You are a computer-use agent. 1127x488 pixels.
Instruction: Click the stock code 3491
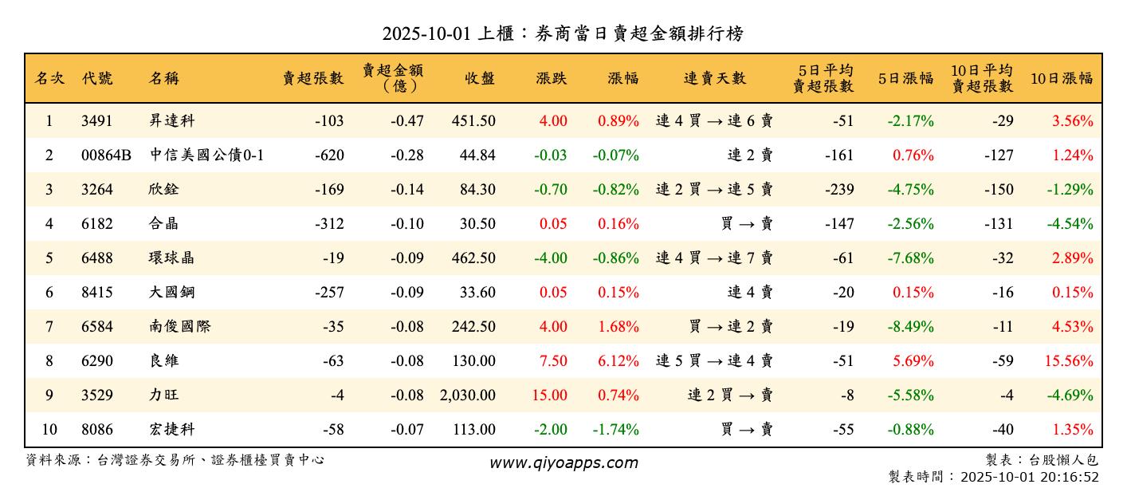coord(96,121)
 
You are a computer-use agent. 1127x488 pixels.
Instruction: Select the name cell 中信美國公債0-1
coord(206,155)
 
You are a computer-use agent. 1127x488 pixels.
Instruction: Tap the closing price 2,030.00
coord(467,396)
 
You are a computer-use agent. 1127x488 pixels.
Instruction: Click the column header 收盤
coord(480,78)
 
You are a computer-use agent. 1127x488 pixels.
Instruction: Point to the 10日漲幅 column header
coord(1062,78)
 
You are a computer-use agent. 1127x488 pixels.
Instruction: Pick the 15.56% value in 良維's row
coord(1069,361)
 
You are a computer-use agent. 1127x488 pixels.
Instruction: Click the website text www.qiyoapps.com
coord(563,463)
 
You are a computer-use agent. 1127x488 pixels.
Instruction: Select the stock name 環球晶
coord(171,258)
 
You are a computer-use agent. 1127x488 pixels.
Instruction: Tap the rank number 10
coord(49,430)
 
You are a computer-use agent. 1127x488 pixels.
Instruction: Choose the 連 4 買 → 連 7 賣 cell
coord(714,258)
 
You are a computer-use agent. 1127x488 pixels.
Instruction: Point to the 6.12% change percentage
coord(618,361)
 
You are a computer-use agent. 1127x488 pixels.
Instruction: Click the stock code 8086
coord(96,430)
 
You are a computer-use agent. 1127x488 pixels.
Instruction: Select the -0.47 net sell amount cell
coord(407,121)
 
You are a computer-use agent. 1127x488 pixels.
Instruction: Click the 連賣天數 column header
coord(715,78)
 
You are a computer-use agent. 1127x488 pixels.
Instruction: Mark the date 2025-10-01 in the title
coord(425,33)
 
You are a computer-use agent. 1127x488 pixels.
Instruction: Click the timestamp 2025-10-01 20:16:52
coord(1030,478)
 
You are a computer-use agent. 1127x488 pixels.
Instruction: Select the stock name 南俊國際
coord(180,327)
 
